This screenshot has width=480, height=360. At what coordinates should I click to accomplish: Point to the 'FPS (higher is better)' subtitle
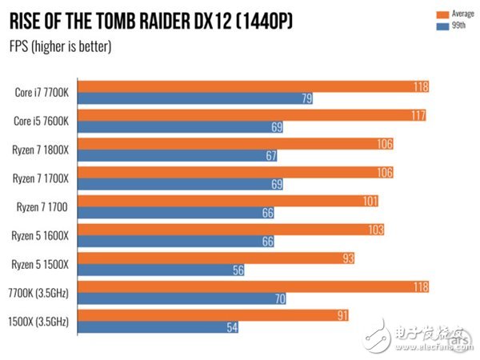pos(61,46)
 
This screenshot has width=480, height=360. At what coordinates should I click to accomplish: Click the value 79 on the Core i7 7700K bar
pos(304,98)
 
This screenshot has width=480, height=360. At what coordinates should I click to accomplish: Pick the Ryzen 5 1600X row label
pos(45,235)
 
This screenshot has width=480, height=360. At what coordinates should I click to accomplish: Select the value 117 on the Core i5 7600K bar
pos(418,115)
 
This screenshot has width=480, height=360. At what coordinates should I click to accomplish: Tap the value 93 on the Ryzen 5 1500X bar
pos(346,258)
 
